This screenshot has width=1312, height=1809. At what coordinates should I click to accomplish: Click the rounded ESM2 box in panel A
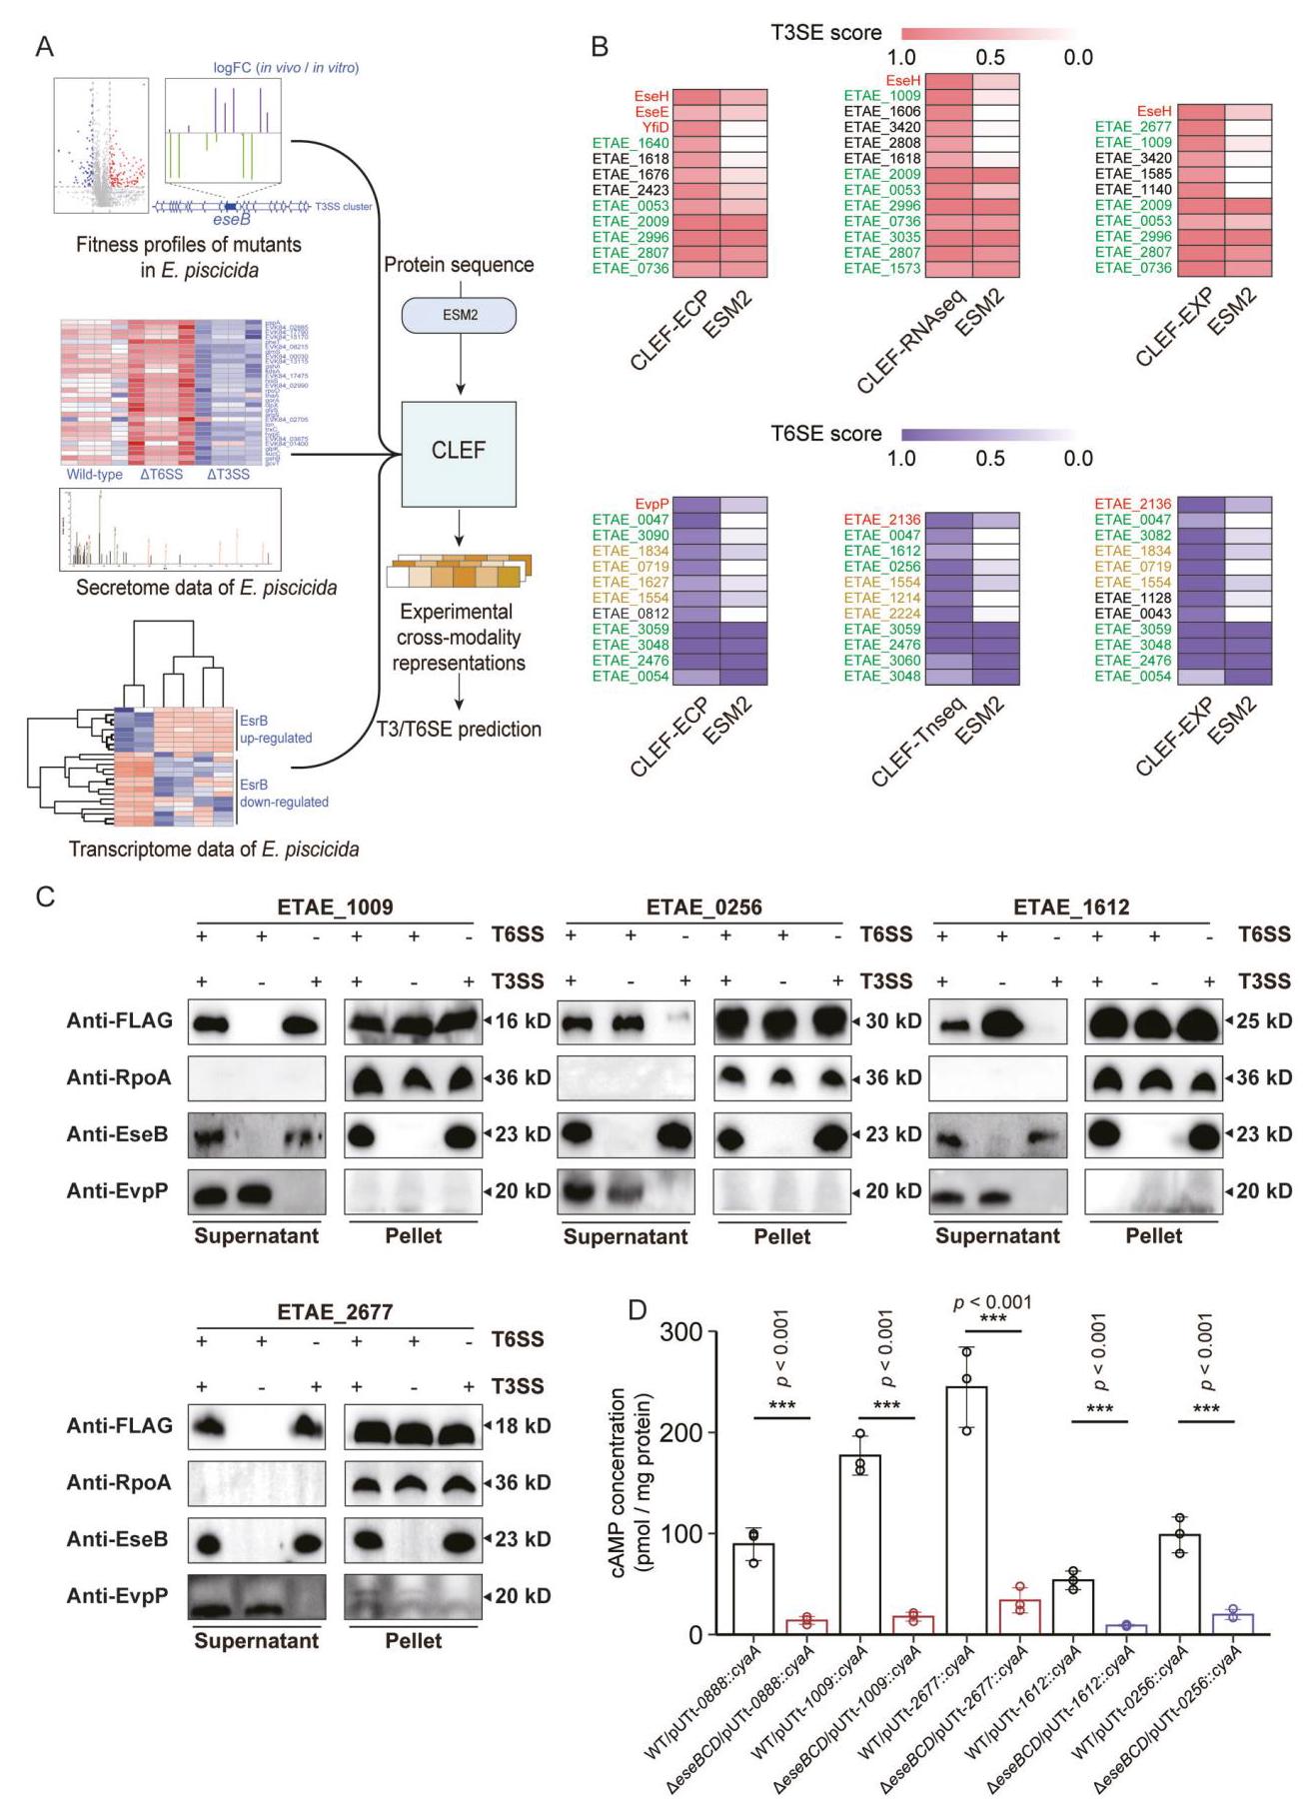pos(459,315)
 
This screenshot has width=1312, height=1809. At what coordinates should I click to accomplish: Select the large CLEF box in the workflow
pos(459,453)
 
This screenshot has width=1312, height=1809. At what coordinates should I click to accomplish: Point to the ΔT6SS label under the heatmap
pos(161,474)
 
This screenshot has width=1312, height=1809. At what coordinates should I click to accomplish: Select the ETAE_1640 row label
pos(631,143)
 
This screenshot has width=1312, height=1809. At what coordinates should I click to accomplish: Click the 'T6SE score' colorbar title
pos(825,434)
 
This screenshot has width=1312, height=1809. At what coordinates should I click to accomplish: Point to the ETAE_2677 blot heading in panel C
pos(335,1311)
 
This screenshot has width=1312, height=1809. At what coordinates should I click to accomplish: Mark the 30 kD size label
pos(892,1021)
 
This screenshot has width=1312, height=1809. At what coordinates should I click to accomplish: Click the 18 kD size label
pos(523,1425)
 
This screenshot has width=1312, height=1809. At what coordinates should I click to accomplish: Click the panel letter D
pos(637,1309)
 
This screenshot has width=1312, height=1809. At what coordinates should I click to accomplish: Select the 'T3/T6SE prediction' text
pos(459,729)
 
